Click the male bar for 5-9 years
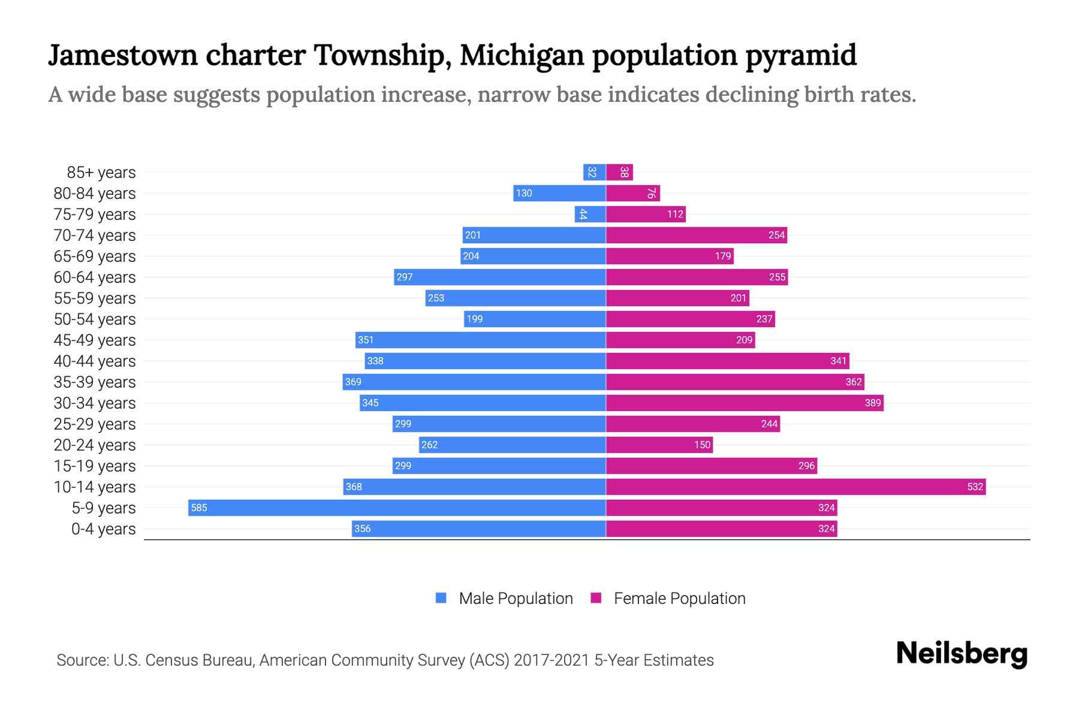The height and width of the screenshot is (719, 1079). point(397,507)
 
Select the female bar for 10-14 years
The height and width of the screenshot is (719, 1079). point(795,487)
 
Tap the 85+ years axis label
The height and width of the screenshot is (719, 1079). point(101,173)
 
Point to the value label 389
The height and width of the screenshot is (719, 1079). point(873,403)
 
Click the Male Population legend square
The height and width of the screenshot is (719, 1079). point(441,598)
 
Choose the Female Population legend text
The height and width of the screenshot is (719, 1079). point(679,598)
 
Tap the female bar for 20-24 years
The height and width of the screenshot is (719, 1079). point(659,445)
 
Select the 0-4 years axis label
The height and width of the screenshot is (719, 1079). point(103,529)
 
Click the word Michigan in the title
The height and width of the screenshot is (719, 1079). point(522,55)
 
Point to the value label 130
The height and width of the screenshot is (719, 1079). point(524,193)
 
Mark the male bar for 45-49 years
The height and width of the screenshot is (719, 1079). point(480,340)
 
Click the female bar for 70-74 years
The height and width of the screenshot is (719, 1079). point(696,235)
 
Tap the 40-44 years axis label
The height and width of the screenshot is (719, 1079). point(95,361)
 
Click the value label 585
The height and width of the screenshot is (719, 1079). point(198,507)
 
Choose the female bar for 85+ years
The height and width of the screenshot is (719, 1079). point(619,172)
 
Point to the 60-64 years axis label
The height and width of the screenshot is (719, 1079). point(95,277)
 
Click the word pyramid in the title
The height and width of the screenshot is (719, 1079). point(801,55)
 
